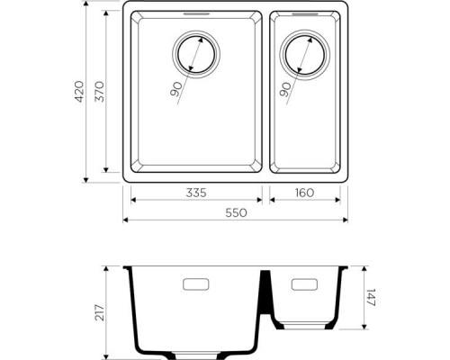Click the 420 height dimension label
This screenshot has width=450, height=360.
click(80, 92)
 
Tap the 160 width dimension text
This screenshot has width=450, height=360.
click(303, 192)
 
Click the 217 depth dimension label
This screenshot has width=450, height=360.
click(100, 312)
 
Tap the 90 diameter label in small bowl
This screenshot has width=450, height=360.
click(285, 89)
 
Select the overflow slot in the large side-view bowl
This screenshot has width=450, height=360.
click(195, 285)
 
